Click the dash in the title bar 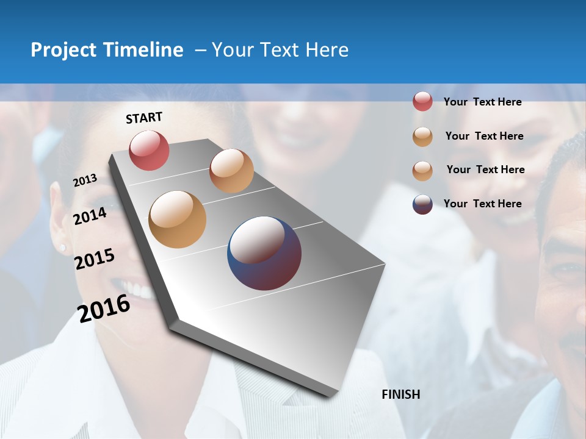(x=200, y=50)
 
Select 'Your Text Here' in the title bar (x=280, y=50)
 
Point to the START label (x=144, y=118)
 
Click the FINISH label (x=400, y=394)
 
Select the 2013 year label (x=85, y=180)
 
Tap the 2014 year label (x=90, y=216)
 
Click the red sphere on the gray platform (x=149, y=150)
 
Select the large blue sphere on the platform (x=264, y=253)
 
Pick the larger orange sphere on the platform (x=177, y=220)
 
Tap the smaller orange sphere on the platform (x=231, y=171)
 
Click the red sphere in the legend (x=422, y=101)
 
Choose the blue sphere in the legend (x=422, y=204)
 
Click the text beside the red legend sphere (x=482, y=102)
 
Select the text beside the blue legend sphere (x=482, y=204)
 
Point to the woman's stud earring (x=62, y=248)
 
